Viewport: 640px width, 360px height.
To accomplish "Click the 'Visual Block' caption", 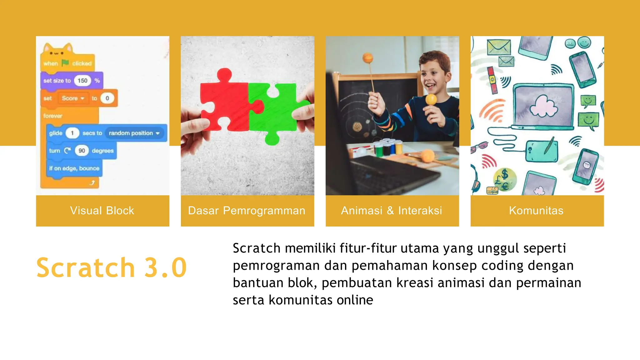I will point(102,211).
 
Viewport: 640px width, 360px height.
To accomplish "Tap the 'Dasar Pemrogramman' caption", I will point(247,211).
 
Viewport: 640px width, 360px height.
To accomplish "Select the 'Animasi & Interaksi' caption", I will point(392,211).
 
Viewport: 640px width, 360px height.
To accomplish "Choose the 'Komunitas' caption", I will point(536,211).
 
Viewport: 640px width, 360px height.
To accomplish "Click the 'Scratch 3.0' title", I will point(112,267).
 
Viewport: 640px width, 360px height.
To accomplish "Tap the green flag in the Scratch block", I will point(65,63).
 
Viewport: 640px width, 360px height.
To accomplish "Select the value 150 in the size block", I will point(82,81).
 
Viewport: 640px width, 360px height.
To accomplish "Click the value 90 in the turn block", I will point(82,151).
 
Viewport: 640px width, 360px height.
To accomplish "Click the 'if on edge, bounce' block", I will point(74,168).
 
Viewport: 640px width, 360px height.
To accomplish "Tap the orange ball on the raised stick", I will point(368,58).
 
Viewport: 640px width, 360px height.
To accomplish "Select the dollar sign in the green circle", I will point(504,174).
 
